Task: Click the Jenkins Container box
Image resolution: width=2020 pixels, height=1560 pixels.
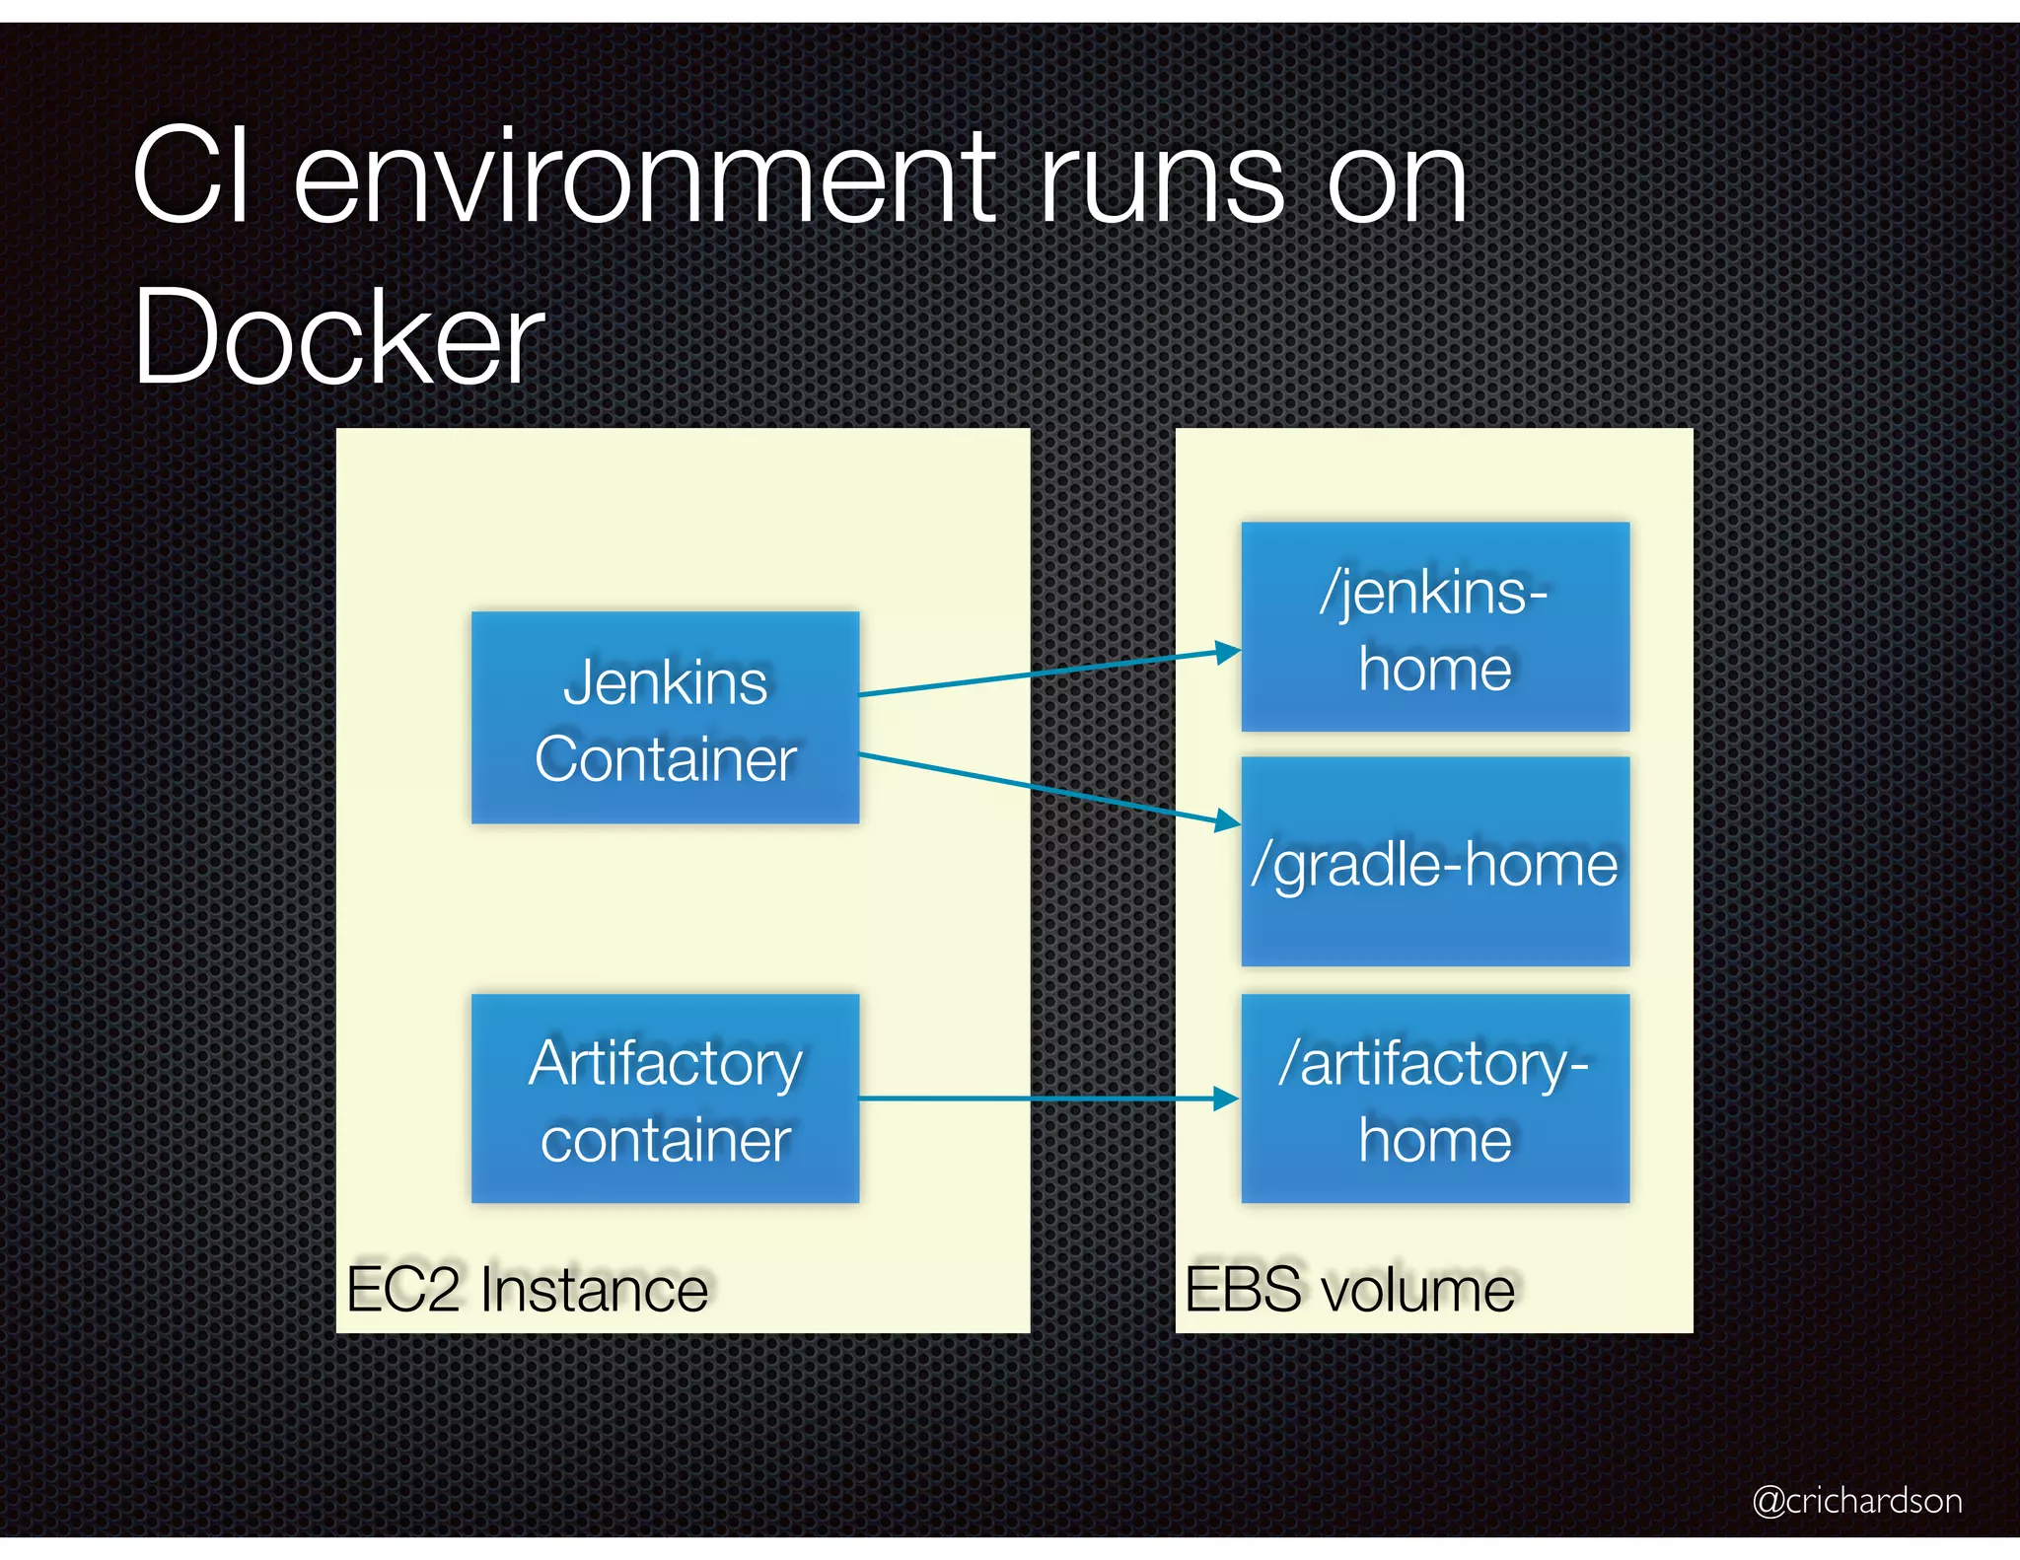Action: click(665, 718)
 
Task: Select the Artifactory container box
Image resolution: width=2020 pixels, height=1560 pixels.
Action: click(665, 1099)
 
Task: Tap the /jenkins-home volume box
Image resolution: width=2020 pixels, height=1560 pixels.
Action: click(1434, 627)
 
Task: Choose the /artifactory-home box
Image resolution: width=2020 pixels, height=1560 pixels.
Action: click(1434, 1099)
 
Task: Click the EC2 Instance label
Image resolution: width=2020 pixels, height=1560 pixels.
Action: click(527, 1289)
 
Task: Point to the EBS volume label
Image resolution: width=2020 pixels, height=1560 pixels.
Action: click(1349, 1289)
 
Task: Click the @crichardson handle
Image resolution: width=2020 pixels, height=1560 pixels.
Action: click(1856, 1500)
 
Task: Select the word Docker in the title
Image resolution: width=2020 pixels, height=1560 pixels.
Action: click(337, 337)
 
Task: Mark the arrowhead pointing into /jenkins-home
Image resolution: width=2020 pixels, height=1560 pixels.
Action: click(1228, 652)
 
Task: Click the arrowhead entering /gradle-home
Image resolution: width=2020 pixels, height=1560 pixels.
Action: click(1228, 819)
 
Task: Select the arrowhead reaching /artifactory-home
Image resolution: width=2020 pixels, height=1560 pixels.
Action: click(1226, 1099)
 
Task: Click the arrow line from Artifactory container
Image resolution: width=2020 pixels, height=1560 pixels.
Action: click(1036, 1099)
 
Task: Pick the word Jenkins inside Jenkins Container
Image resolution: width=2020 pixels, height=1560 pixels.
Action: click(665, 682)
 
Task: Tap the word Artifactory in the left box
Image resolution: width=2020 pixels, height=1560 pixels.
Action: click(665, 1064)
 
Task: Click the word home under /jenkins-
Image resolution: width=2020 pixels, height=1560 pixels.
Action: click(1434, 670)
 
